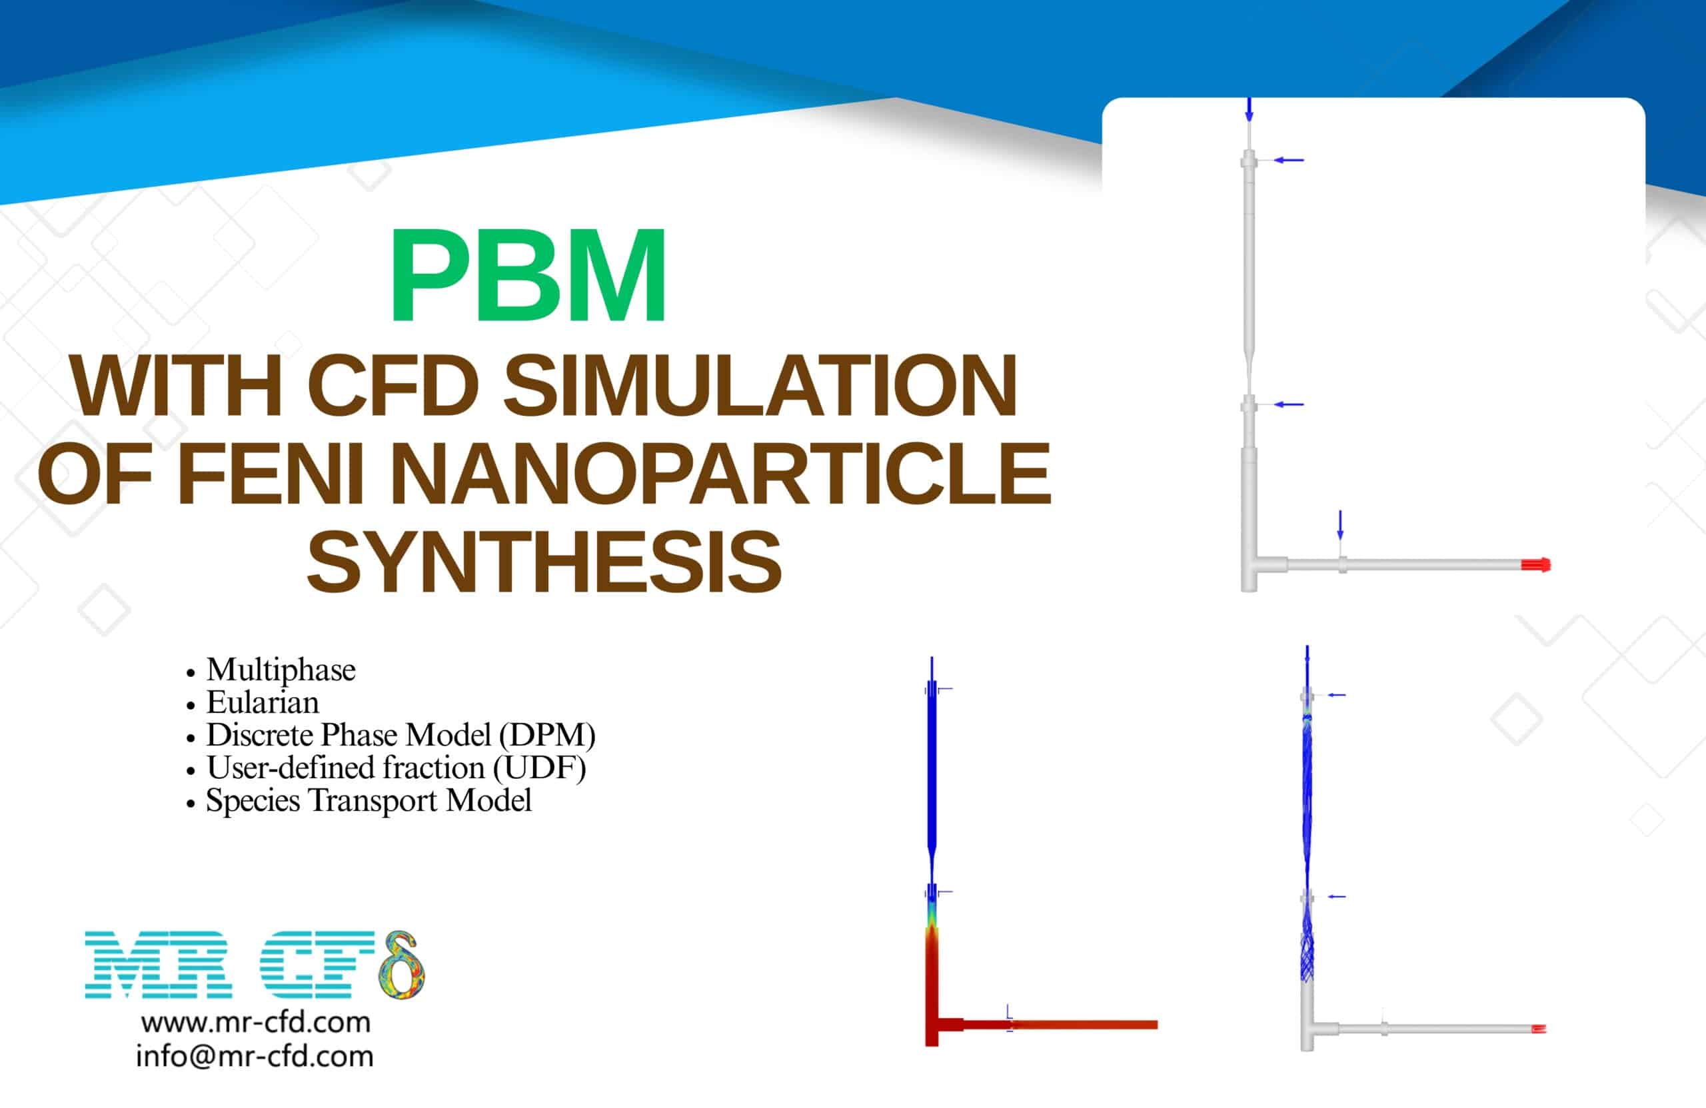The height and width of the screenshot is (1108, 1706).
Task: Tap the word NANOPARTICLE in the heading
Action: tap(720, 474)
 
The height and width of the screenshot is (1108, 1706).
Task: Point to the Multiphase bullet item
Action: tap(281, 670)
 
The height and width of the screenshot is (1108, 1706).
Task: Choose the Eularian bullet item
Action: tap(263, 703)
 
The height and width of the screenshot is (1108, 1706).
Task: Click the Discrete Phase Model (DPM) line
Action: tap(401, 736)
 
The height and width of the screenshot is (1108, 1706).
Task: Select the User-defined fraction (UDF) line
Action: tap(396, 768)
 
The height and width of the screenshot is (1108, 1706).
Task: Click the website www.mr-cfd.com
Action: tap(256, 1023)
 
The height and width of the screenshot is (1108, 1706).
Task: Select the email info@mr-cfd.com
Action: tap(255, 1057)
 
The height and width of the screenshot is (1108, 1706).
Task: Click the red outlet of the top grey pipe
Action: tap(1536, 565)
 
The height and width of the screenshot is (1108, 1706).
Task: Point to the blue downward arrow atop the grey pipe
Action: tap(1250, 110)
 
